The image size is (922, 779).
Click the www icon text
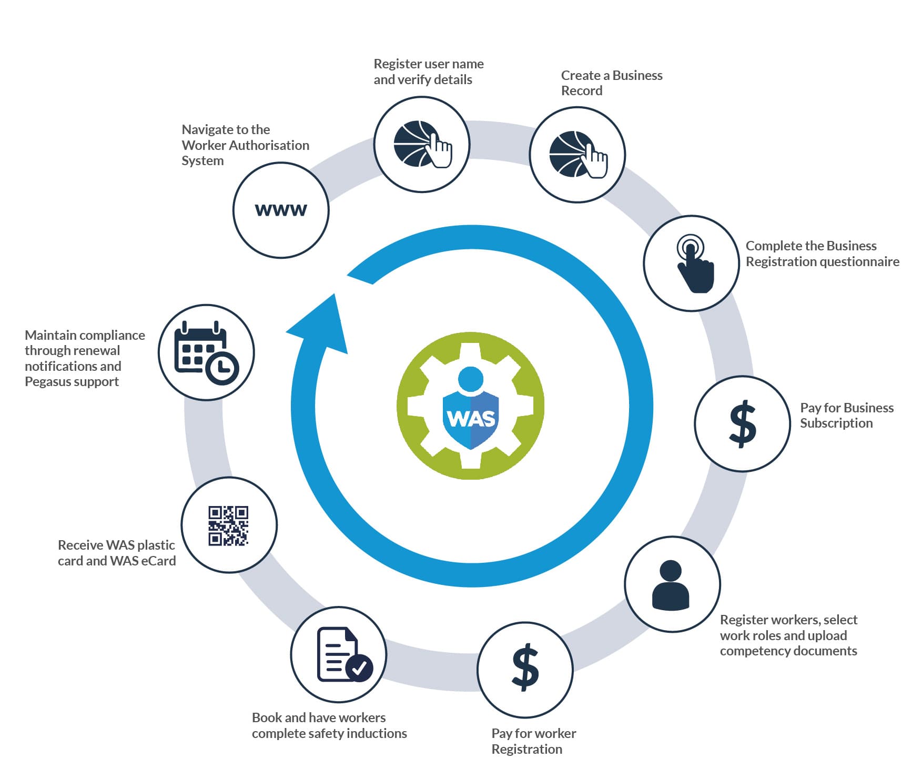click(281, 210)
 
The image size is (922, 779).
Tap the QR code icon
click(228, 525)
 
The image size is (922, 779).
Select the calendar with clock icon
click(206, 352)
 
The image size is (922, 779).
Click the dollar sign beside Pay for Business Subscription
click(743, 424)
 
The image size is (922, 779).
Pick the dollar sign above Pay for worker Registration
click(525, 669)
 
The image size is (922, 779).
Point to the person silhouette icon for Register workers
click(671, 585)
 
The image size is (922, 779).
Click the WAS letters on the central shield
click(471, 419)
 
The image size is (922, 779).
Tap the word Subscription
click(836, 423)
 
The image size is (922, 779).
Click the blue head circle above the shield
click(471, 379)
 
